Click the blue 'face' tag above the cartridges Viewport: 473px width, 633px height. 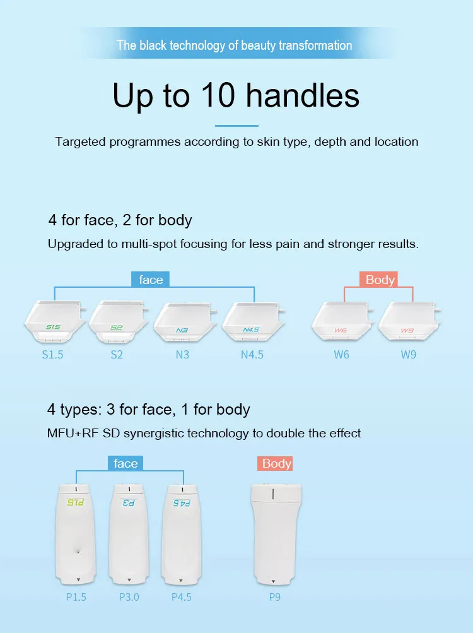click(151, 280)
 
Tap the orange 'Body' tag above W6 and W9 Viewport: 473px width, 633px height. click(380, 280)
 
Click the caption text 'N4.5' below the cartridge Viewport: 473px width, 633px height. click(252, 355)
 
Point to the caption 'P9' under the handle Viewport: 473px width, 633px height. click(274, 596)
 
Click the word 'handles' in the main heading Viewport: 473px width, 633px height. click(303, 95)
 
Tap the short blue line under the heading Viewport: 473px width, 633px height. click(237, 125)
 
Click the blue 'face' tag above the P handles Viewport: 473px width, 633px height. click(126, 464)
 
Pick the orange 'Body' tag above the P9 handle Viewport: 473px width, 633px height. click(276, 464)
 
